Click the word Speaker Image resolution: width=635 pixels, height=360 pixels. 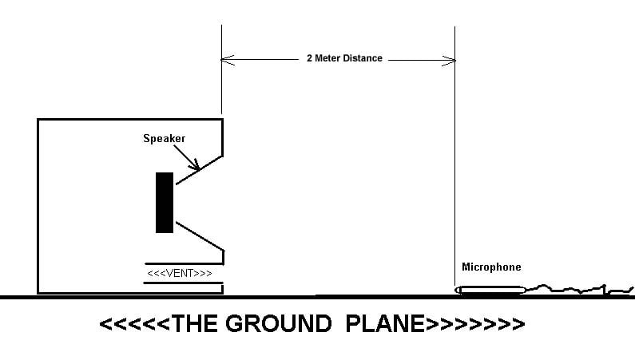click(164, 139)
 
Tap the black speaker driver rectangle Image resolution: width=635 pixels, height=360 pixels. click(165, 203)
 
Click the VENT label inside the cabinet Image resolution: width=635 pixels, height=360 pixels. click(180, 275)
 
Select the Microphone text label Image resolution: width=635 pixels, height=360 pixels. click(491, 267)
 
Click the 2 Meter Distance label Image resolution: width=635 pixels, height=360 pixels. click(343, 58)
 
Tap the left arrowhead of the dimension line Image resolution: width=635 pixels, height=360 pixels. click(226, 58)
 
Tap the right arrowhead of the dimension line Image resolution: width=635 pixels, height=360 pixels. click(451, 58)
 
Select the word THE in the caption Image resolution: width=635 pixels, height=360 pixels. click(189, 324)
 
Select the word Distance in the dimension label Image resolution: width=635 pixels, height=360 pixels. click(363, 58)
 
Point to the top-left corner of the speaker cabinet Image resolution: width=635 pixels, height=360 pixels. click(38, 120)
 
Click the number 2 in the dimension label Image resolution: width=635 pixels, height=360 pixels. click(309, 58)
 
